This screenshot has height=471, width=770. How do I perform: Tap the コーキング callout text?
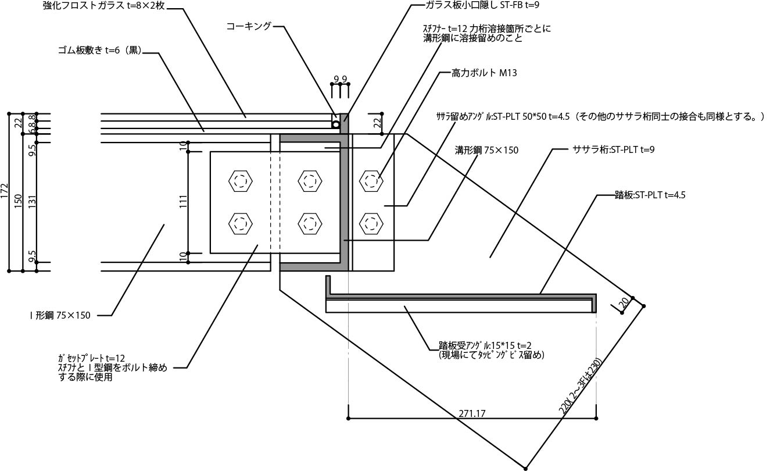pos(249,26)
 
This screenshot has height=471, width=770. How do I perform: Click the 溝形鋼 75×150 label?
pos(486,150)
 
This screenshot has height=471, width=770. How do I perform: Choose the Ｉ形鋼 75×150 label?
pos(60,315)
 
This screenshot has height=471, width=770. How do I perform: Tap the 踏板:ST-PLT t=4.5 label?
pos(650,195)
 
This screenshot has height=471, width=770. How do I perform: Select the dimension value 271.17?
pos(472,413)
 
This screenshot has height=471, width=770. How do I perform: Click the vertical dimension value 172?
pos(5,191)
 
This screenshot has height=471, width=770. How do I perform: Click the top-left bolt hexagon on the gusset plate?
pos(241,180)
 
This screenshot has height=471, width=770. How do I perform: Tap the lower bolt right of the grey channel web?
pos(371,223)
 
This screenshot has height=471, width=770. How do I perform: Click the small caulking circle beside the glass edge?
pos(335,124)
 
